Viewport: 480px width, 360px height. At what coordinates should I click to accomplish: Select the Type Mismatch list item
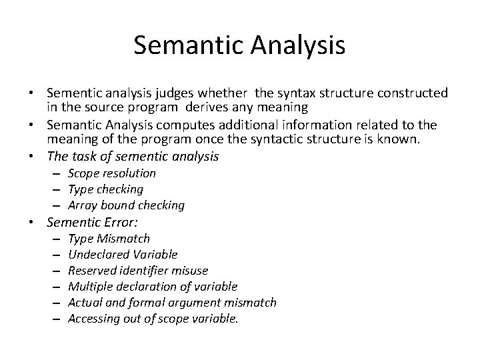tap(109, 238)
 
